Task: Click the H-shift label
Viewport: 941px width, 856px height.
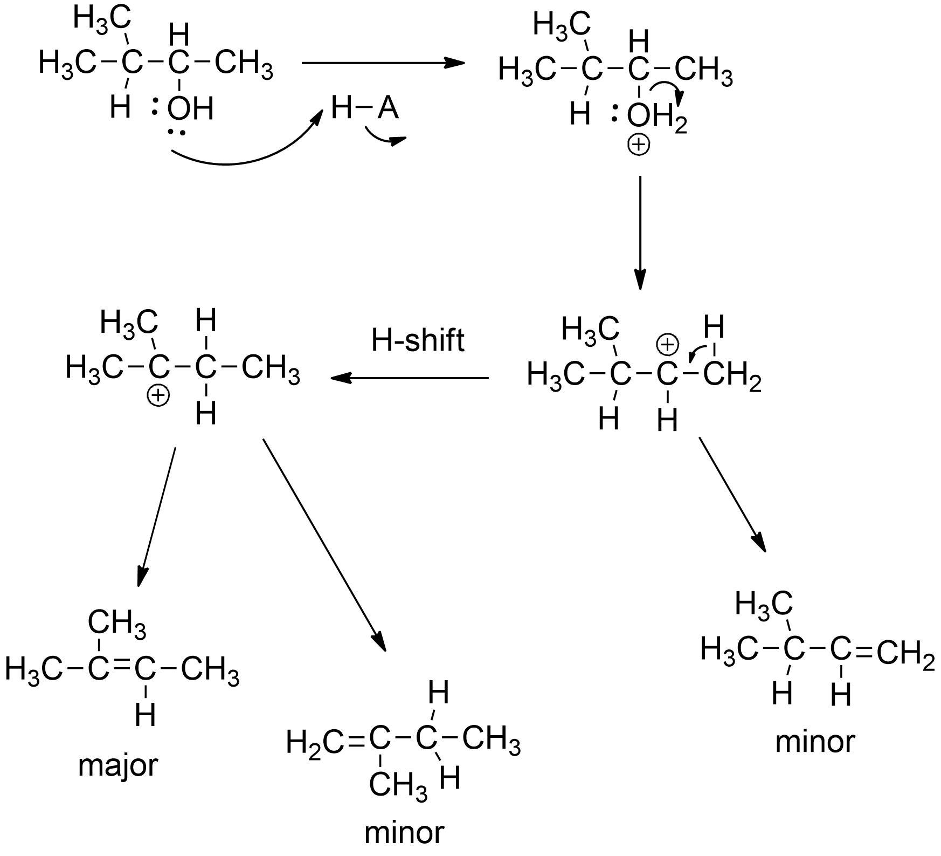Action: click(418, 340)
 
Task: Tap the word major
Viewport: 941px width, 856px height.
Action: click(118, 765)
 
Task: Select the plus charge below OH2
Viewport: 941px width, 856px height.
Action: click(639, 145)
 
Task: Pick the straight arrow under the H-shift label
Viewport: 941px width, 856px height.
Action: click(410, 378)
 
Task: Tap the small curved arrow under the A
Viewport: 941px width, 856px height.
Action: click(384, 139)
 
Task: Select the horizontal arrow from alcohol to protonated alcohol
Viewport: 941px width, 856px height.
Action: click(383, 63)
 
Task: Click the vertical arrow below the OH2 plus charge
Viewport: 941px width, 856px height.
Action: click(640, 232)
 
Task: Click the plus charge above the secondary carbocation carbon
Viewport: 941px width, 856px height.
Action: click(667, 345)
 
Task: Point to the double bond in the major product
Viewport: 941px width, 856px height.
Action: click(121, 670)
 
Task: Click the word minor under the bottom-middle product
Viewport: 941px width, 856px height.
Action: click(404, 832)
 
